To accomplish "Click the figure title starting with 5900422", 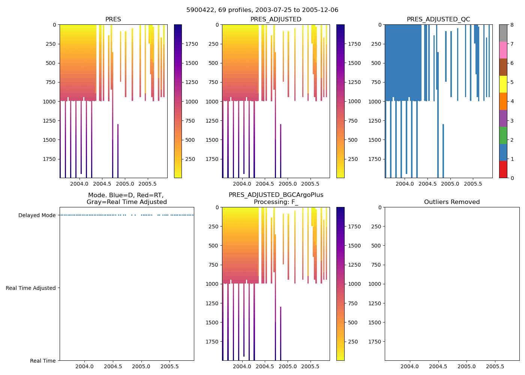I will click(262, 10).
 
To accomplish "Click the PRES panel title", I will click(113, 19).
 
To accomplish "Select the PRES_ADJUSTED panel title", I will click(276, 19).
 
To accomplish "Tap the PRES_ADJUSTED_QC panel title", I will click(438, 19).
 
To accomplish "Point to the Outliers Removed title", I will click(452, 202).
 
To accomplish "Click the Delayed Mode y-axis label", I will click(37, 215).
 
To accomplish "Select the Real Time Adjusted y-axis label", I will click(31, 288).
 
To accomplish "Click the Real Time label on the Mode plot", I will click(43, 361).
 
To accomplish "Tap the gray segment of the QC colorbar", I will click(503, 33).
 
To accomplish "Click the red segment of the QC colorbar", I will click(503, 169).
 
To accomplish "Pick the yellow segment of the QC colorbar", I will click(503, 84).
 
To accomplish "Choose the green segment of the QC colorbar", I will click(503, 135).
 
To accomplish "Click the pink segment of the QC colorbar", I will click(503, 50).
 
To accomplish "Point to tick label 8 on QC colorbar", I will click(511, 25).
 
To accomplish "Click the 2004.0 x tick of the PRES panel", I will click(79, 184).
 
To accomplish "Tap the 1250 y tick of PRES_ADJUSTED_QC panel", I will click(375, 121).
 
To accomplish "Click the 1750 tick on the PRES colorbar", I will click(192, 44).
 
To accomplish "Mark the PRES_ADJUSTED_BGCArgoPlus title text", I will click(276, 195).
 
